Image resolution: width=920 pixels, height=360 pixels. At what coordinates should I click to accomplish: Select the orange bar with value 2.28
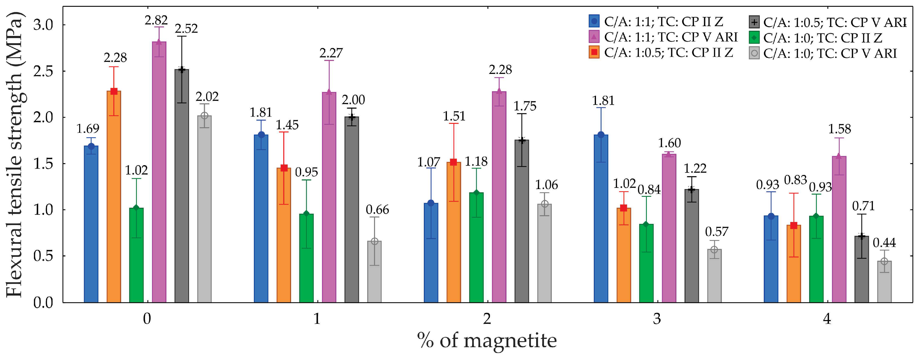coord(114,196)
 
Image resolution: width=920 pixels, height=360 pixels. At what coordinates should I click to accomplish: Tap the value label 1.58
coord(839,129)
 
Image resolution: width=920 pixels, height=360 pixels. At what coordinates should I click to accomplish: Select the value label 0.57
coord(716,232)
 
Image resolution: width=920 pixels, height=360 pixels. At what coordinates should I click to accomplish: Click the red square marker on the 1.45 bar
coord(284,168)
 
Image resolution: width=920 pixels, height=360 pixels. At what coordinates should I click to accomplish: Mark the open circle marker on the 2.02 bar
coord(204,116)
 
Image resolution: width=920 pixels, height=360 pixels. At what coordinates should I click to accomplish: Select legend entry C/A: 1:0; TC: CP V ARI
coord(830,54)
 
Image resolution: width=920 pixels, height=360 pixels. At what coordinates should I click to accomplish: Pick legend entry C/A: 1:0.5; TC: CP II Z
coord(668,53)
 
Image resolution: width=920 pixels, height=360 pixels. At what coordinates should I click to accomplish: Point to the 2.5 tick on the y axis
coord(43,71)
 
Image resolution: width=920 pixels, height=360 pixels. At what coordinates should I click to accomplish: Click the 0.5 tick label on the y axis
coord(43,256)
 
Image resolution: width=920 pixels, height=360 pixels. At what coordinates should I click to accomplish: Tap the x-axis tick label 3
coord(657,318)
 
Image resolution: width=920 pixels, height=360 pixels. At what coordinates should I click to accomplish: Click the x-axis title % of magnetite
coord(487,341)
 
